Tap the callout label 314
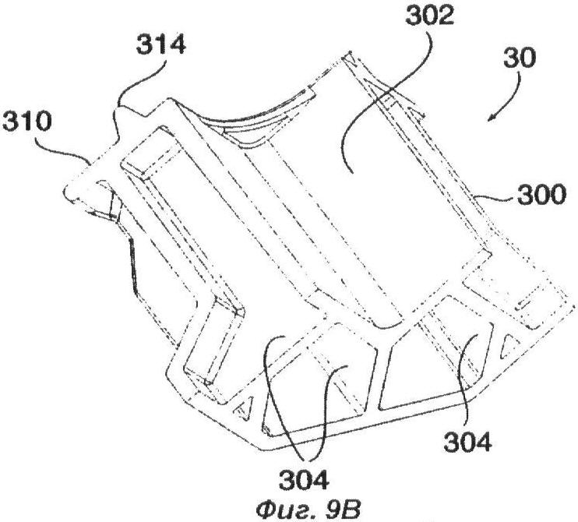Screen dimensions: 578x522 click(160, 45)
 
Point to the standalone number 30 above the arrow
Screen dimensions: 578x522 click(519, 58)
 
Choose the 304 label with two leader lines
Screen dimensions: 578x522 click(303, 480)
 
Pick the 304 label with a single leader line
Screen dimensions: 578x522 click(467, 442)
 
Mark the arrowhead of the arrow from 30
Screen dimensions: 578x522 click(492, 117)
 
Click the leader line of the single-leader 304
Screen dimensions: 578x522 click(467, 379)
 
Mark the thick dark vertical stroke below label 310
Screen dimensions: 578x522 click(132, 266)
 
